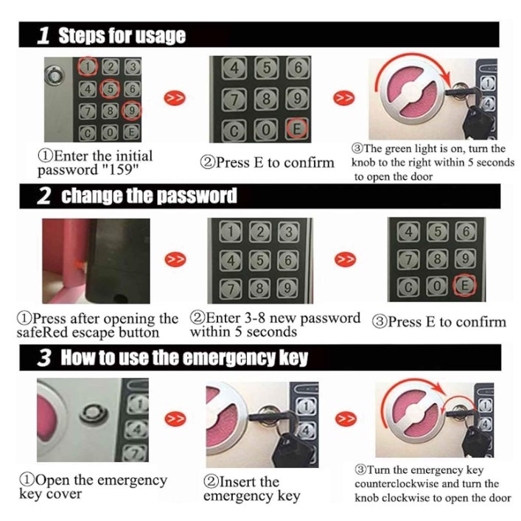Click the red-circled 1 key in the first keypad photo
click(88, 67)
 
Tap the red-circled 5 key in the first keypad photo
click(110, 88)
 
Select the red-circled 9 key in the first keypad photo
click(132, 111)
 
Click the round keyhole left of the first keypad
click(55, 76)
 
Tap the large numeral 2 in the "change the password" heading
click(44, 196)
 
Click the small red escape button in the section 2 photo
click(79, 265)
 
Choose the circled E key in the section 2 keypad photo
click(465, 285)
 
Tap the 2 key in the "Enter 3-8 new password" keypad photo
click(260, 231)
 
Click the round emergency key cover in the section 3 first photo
click(94, 414)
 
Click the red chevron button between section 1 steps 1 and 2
click(175, 98)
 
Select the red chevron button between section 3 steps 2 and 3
click(346, 419)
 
